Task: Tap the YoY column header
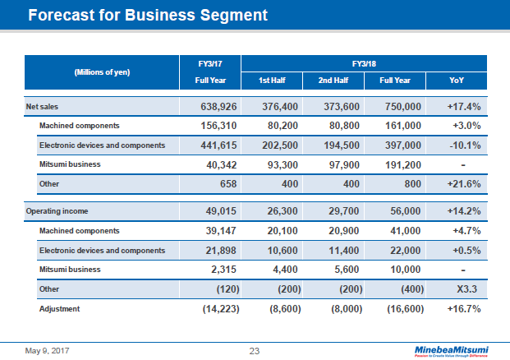(x=457, y=81)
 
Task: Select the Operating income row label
(x=55, y=211)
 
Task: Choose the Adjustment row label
(x=61, y=308)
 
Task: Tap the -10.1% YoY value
(x=462, y=145)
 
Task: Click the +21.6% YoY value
(x=462, y=184)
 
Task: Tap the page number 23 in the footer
(x=255, y=351)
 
